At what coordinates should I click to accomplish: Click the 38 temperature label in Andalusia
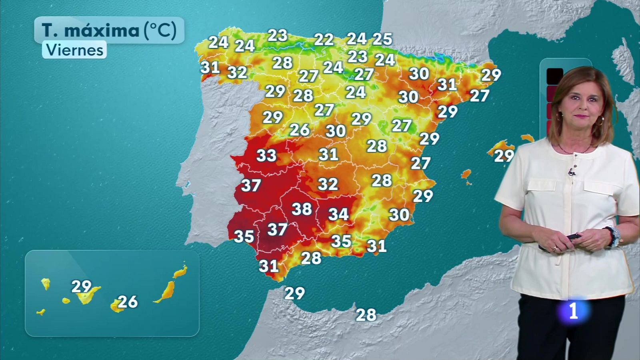[x=302, y=209]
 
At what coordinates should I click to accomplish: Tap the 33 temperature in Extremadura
[x=266, y=155]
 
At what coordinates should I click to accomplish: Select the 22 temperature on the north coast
[x=324, y=40]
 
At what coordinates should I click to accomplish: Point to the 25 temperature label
[x=382, y=39]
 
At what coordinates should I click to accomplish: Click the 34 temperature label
[x=338, y=214]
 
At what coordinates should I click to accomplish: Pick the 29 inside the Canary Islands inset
[x=81, y=286]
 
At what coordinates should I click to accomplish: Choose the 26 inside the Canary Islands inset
[x=128, y=302]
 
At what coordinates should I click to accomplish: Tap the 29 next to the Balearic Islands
[x=504, y=156]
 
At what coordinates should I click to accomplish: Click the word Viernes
[x=75, y=50]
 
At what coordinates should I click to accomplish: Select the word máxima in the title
[x=102, y=30]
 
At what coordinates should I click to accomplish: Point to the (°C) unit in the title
[x=160, y=30]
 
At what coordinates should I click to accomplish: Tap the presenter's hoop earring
[x=600, y=121]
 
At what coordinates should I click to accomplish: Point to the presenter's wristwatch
[x=613, y=236]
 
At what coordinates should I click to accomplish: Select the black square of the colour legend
[x=555, y=76]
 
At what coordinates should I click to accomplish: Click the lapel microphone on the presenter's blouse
[x=572, y=172]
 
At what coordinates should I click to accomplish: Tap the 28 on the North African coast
[x=366, y=315]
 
